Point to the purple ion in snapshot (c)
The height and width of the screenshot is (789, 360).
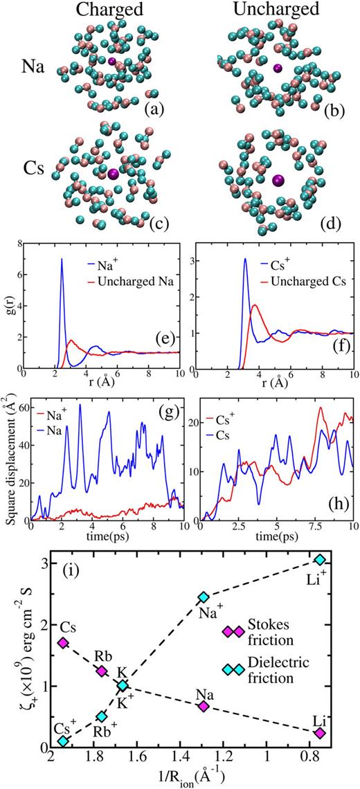click(114, 174)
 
